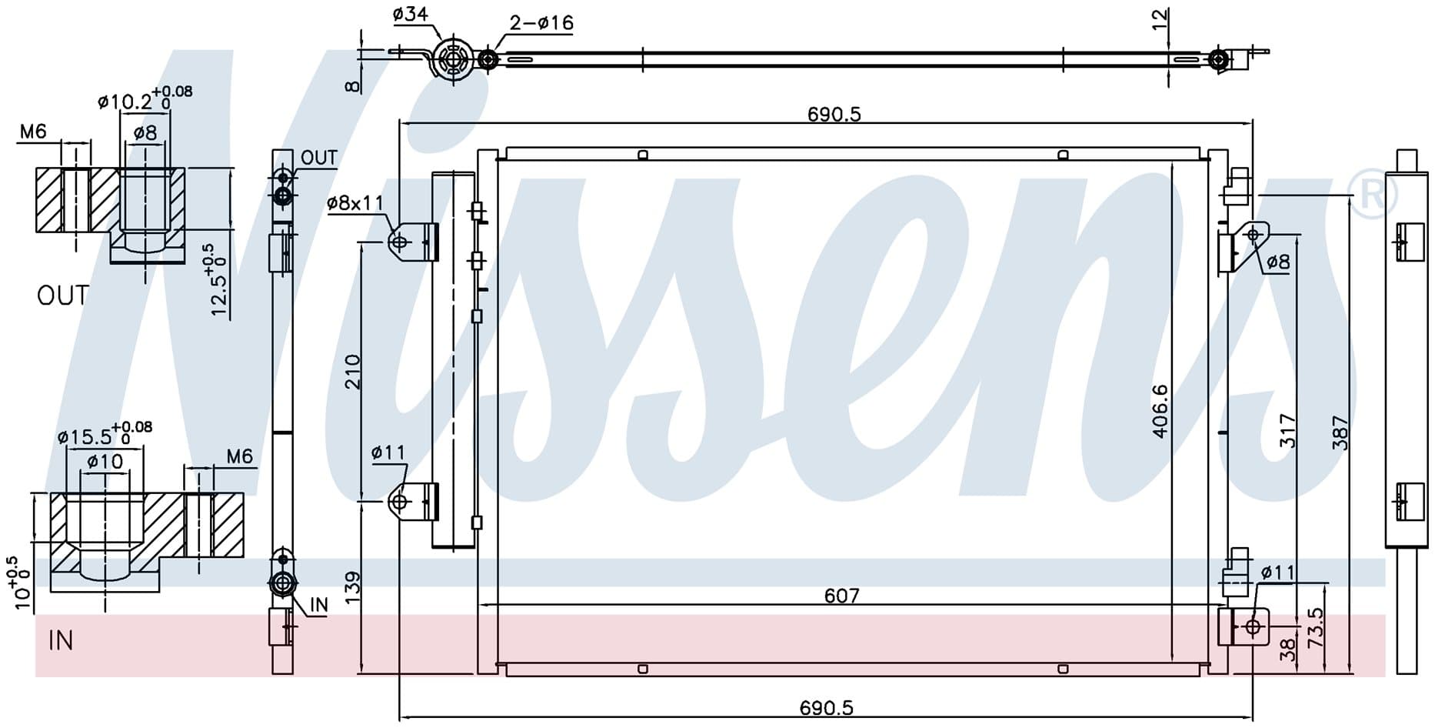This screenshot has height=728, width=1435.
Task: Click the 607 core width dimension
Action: [841, 595]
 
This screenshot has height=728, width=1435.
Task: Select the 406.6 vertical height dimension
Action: [1160, 412]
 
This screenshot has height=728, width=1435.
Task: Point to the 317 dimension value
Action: [1288, 431]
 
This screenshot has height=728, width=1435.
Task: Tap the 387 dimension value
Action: [1340, 432]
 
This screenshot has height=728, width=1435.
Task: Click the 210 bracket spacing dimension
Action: [352, 371]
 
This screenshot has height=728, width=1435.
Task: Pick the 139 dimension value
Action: [352, 587]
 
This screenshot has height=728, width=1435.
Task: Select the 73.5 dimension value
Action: [1315, 627]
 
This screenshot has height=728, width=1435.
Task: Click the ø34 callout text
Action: [410, 13]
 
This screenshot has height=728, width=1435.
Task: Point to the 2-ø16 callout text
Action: [541, 22]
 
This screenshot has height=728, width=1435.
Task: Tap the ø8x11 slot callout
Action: [355, 203]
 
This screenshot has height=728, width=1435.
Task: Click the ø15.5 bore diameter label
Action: [85, 437]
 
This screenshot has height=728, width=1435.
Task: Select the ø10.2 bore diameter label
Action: [125, 102]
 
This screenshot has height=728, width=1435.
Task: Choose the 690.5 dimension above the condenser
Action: [834, 114]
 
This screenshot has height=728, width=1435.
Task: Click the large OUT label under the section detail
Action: [63, 295]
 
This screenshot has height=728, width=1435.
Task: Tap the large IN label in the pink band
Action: [61, 640]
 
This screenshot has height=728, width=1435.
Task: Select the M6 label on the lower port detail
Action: [239, 456]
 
